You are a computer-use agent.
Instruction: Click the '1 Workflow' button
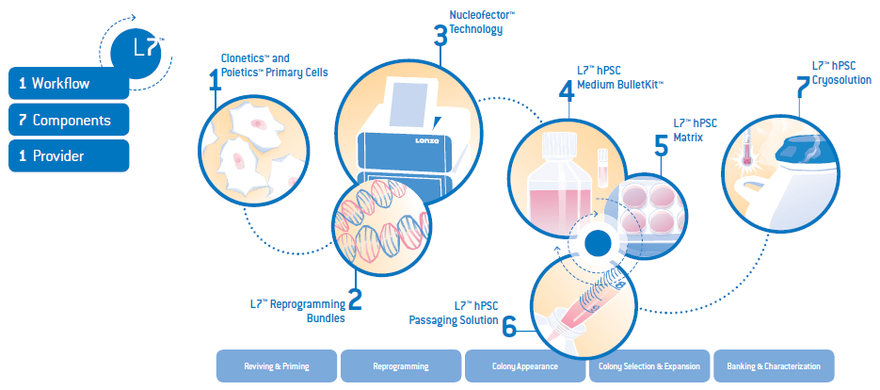pos(68,83)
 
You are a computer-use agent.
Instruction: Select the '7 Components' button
pos(68,120)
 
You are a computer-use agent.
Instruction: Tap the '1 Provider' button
pos(68,155)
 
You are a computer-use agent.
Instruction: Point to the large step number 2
pos(355,300)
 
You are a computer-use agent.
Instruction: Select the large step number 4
pos(566,90)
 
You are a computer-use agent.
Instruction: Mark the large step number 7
pos(802,87)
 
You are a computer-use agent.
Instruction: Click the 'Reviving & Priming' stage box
pos(277,366)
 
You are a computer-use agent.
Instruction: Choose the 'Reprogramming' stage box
pos(401,366)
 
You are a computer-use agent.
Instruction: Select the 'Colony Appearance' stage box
pos(525,366)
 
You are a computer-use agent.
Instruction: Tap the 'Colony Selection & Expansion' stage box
pos(648,366)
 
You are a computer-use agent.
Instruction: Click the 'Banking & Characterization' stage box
pos(774,366)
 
